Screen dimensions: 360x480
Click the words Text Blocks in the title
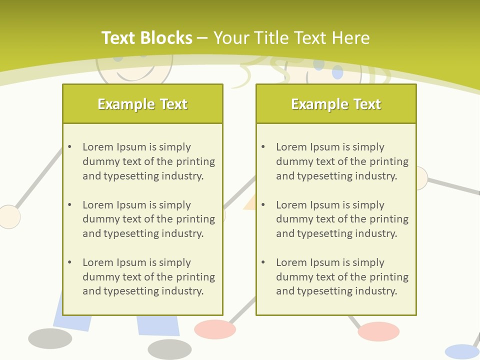pos(146,38)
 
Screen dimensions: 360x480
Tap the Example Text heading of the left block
pos(142,104)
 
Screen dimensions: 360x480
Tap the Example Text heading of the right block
pos(336,104)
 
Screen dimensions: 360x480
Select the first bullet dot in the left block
pos(70,147)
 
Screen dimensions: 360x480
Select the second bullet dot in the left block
pos(70,205)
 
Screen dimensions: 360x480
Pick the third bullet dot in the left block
pos(70,262)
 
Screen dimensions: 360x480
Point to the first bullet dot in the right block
pos(263,147)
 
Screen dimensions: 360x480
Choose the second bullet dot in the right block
pos(263,205)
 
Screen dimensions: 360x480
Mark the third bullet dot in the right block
pos(263,262)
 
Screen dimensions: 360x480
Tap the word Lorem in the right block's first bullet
pos(291,147)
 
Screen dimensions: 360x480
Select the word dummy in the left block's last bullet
pos(98,277)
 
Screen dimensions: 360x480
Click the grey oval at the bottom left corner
pos(50,338)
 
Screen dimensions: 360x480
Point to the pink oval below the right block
pos(378,331)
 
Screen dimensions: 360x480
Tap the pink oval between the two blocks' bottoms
pos(215,329)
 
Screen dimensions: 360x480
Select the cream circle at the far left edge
pos(8,217)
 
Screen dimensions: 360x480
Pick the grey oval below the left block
pos(169,349)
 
